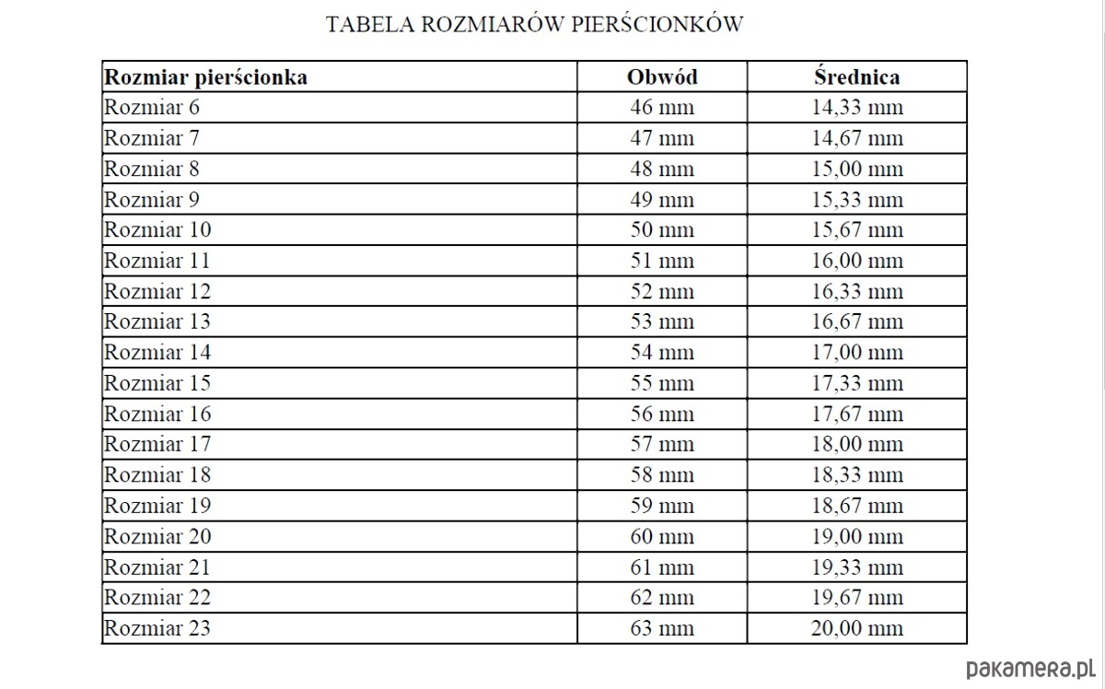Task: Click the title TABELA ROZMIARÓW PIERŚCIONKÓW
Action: click(x=534, y=25)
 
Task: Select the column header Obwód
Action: click(x=662, y=77)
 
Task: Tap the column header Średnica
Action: click(x=856, y=77)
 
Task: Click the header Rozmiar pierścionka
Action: click(x=205, y=77)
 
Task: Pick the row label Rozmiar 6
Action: click(x=152, y=108)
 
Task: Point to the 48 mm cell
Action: click(x=662, y=169)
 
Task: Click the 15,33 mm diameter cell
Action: click(x=856, y=199)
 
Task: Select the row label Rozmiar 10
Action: click(x=157, y=229)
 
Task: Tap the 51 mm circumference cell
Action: click(x=662, y=261)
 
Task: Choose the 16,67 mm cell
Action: click(x=856, y=321)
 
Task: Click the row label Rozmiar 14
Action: click(x=157, y=352)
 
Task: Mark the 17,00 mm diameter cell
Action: click(x=856, y=352)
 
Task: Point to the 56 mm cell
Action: click(x=662, y=414)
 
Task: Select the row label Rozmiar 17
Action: click(x=157, y=444)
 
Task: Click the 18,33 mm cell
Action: click(x=856, y=474)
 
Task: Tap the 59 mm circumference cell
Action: click(x=662, y=505)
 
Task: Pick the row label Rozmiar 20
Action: click(x=157, y=536)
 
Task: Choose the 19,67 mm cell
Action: click(x=856, y=597)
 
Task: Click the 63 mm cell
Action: click(x=662, y=628)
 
